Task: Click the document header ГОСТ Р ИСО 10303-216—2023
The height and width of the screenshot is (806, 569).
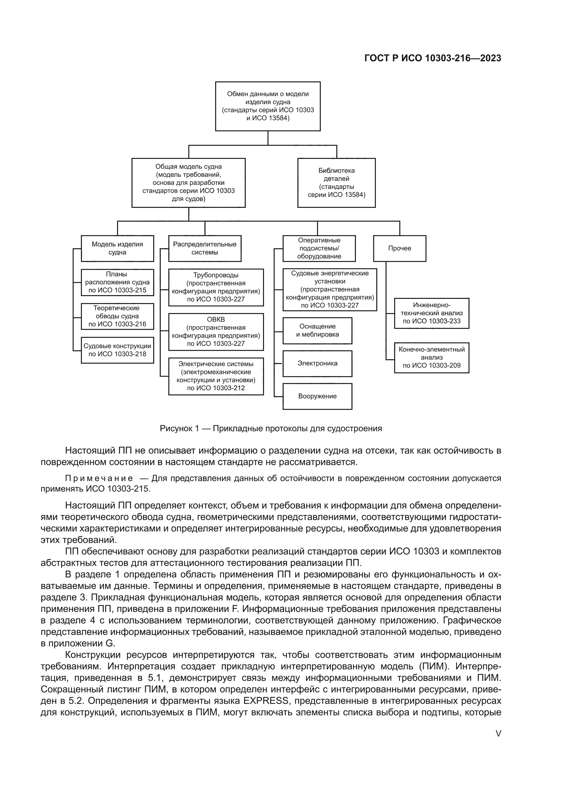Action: click(x=433, y=58)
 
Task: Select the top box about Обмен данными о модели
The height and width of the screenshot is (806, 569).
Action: click(x=268, y=106)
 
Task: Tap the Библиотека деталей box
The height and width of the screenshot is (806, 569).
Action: click(x=336, y=183)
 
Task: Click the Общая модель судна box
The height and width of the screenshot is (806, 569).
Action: click(x=188, y=183)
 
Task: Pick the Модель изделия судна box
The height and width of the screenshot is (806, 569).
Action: click(x=117, y=248)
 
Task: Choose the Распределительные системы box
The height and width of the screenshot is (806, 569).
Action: click(x=205, y=248)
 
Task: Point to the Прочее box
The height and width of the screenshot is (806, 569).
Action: click(x=399, y=248)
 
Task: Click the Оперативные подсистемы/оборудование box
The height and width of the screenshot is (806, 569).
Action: click(x=319, y=248)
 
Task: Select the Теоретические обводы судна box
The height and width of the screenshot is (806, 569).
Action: click(x=117, y=316)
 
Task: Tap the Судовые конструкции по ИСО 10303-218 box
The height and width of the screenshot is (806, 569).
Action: click(x=117, y=350)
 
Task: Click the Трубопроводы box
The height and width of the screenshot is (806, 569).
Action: click(x=215, y=287)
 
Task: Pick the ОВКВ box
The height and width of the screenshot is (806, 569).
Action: click(x=215, y=332)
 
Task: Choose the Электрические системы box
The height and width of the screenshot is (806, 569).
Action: click(x=215, y=376)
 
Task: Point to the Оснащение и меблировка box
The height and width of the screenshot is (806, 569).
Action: click(x=317, y=330)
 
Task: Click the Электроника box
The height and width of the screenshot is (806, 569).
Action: click(x=317, y=363)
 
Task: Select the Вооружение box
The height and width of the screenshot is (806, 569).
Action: click(x=317, y=396)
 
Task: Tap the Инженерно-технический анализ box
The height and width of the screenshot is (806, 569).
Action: click(x=431, y=313)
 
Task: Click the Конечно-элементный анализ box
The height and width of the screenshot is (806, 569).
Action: click(x=431, y=357)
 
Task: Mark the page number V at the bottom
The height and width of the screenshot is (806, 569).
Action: click(x=498, y=733)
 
